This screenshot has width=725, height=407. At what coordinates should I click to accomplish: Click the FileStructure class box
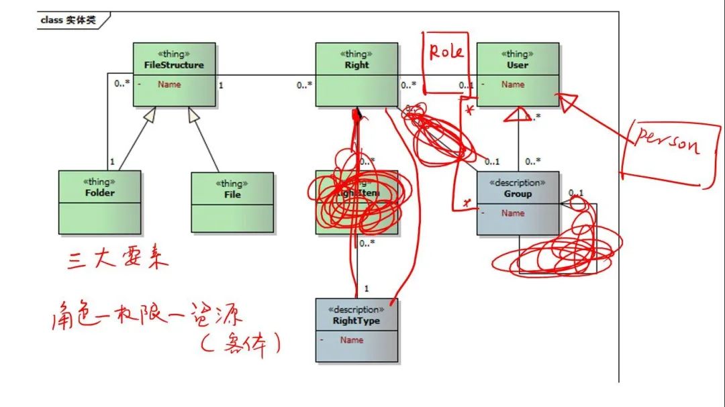174,74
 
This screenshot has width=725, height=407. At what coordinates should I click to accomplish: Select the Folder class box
99,202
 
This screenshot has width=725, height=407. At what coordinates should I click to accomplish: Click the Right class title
356,65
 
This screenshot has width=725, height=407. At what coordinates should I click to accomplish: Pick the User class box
518,74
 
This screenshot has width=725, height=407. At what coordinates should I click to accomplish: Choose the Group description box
518,203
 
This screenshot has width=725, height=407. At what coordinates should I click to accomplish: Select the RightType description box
356,331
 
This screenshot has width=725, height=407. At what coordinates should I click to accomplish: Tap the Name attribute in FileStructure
169,84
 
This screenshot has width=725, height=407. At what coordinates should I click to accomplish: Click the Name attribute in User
513,84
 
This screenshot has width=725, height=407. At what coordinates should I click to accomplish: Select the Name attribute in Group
513,213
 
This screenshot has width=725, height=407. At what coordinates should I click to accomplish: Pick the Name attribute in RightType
352,340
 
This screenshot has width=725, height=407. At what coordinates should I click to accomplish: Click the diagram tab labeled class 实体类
68,20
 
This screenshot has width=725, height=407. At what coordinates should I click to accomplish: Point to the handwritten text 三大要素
118,259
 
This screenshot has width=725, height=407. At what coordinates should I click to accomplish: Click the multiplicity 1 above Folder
112,162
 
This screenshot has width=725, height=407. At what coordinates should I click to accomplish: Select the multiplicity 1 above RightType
367,288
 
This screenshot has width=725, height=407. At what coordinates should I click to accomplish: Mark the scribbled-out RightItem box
356,202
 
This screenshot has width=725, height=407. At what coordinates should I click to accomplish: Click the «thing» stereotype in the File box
232,183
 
